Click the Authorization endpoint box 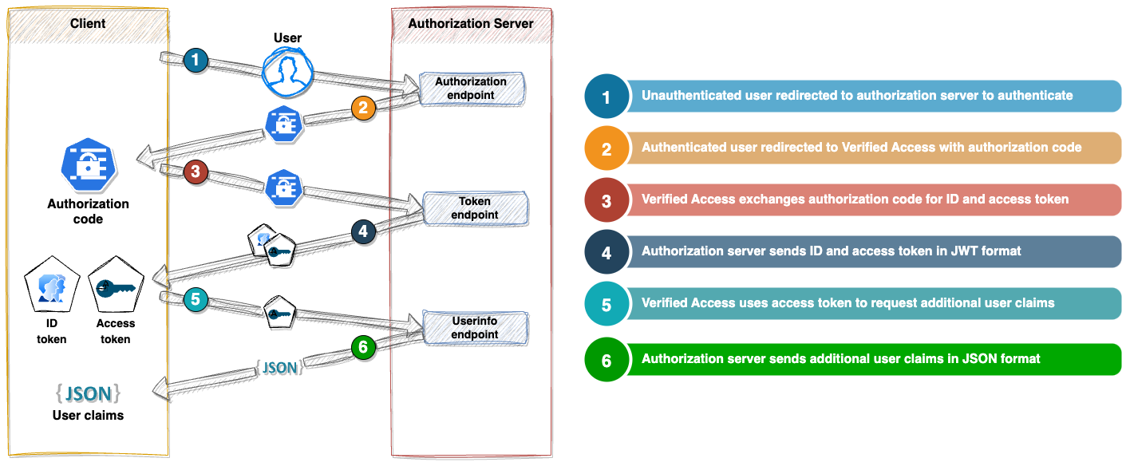471,89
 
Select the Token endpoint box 475,208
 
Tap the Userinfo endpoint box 475,328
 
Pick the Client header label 88,23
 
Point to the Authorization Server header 471,23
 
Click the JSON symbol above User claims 88,393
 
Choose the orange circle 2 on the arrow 363,108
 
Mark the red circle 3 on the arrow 195,172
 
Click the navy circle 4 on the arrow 363,232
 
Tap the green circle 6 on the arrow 363,348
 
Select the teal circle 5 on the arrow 195,300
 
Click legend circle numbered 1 606,97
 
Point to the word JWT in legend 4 946,251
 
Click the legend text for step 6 840,359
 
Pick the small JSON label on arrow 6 279,368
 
